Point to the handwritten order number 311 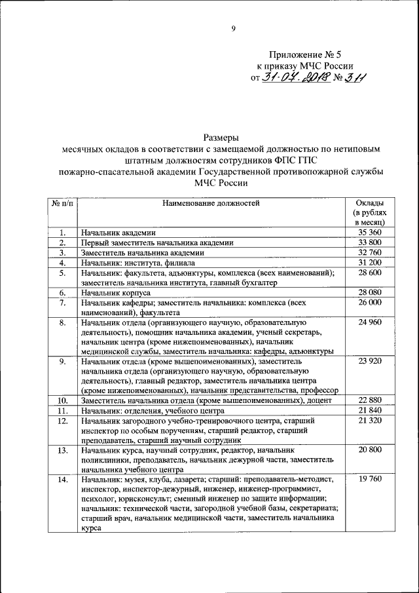pos(355,79)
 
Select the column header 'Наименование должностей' pos(211,202)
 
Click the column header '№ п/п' pos(62,202)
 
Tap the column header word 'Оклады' pos(370,202)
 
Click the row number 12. pos(62,420)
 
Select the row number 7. pos(62,303)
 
